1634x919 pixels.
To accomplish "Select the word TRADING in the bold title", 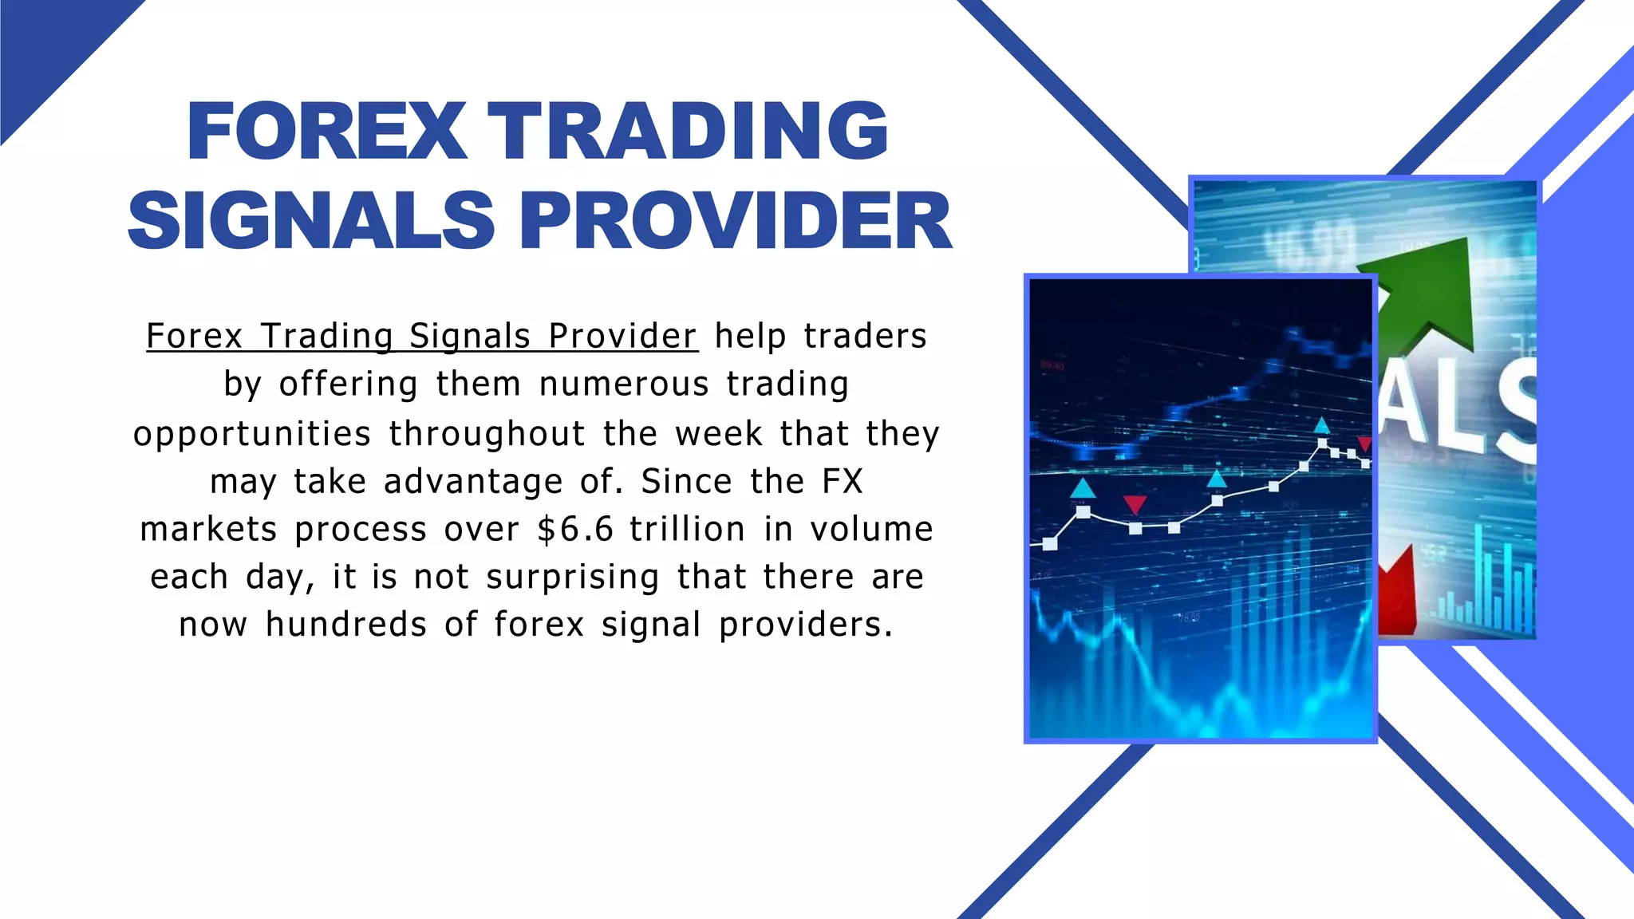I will coord(688,132).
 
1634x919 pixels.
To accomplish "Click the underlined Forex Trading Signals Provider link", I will coord(422,337).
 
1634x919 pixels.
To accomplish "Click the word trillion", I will coord(687,530).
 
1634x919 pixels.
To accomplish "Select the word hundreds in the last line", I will coord(345,625).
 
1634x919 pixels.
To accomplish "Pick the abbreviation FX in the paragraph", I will coord(843,482).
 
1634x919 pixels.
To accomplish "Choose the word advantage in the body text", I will coord(473,482).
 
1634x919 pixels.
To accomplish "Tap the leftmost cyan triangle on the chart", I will coord(1083,487).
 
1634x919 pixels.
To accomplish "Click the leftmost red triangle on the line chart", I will coord(1135,504).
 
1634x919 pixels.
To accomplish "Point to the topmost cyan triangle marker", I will coord(1322,425).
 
